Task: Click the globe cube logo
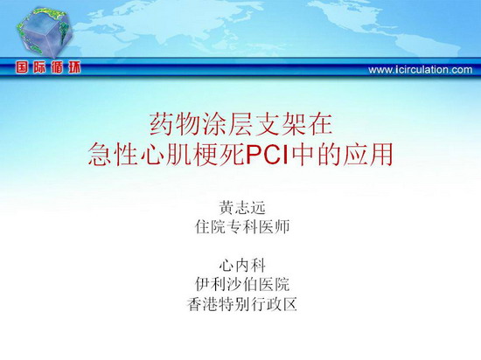click(45, 33)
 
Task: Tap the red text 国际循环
click(48, 67)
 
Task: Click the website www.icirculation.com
click(421, 70)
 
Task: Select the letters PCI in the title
click(268, 155)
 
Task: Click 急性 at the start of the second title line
click(113, 155)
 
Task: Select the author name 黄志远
click(241, 208)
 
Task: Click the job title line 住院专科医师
click(242, 227)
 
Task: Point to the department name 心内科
click(242, 266)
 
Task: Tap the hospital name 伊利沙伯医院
click(242, 285)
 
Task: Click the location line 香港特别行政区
click(242, 304)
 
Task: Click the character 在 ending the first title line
click(320, 124)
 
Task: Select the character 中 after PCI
click(303, 155)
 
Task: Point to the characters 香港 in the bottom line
click(203, 304)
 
